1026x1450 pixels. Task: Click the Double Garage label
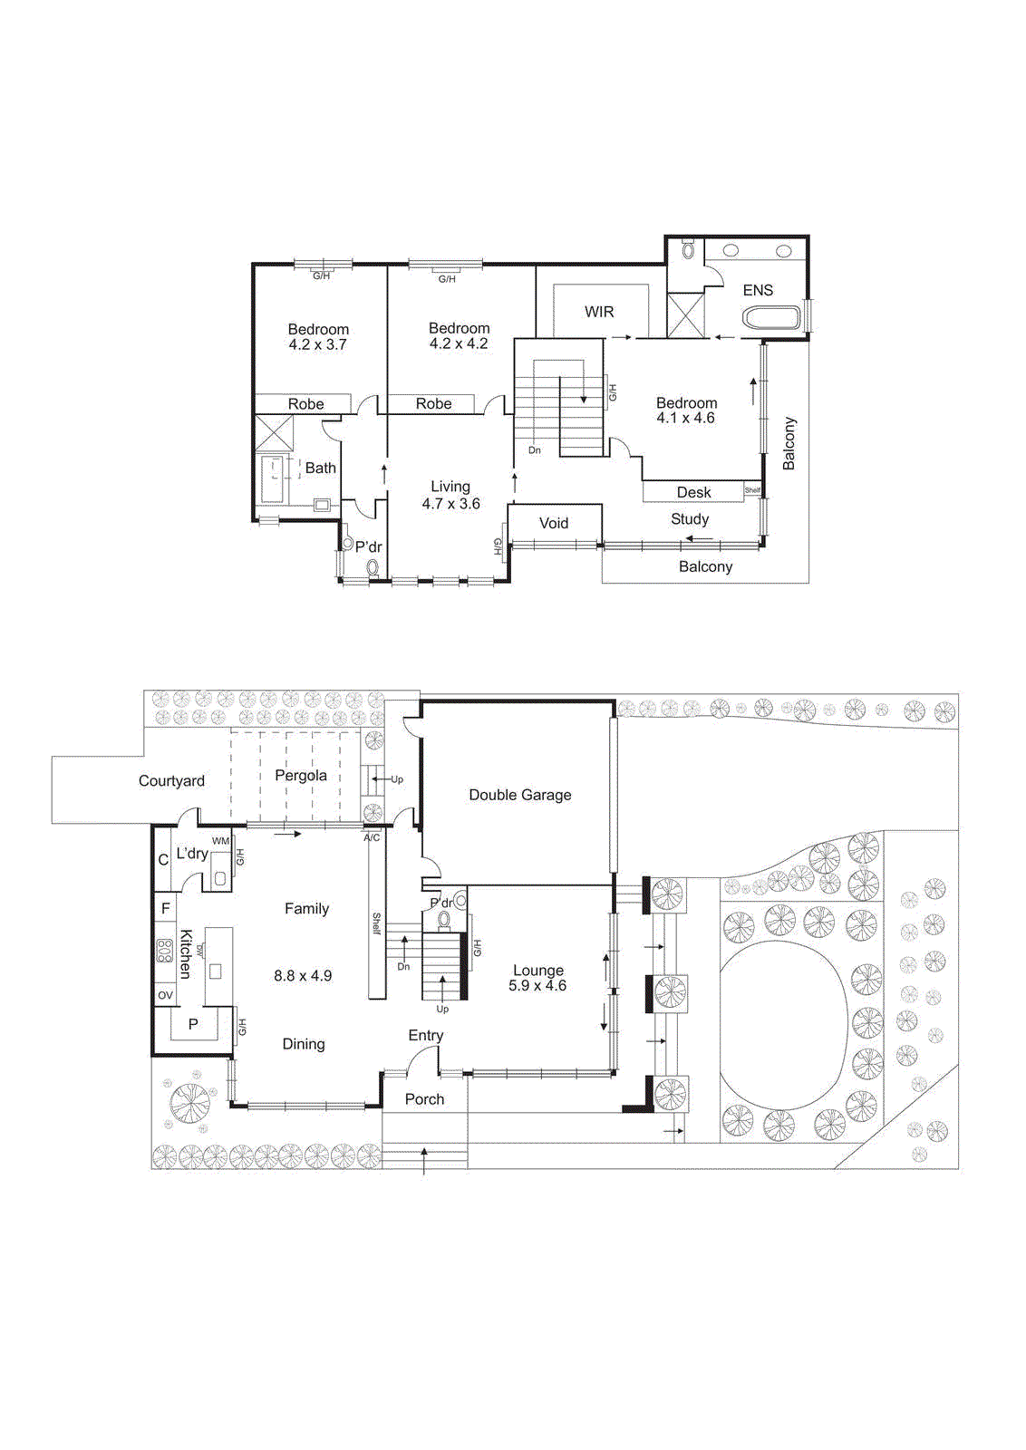coord(520,795)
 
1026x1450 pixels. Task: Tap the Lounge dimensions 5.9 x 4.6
coord(537,986)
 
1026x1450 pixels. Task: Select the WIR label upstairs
coord(599,312)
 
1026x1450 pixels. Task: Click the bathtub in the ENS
coord(771,318)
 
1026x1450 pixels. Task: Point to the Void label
coord(554,523)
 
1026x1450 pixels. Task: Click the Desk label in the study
coord(694,492)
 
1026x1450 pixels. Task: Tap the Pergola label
coord(301,776)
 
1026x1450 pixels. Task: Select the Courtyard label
coord(171,781)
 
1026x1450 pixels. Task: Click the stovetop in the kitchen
coord(164,951)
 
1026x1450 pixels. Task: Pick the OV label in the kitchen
coord(165,995)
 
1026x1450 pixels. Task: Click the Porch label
coord(424,1099)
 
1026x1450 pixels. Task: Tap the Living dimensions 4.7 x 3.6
coord(450,504)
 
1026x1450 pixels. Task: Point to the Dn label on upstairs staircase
coord(535,450)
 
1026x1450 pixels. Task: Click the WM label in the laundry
coord(220,841)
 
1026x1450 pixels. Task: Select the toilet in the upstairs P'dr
coord(373,568)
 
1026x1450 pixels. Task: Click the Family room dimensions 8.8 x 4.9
coord(303,976)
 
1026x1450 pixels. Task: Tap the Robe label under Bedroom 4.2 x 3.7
coord(306,404)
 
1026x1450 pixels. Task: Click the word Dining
coord(304,1044)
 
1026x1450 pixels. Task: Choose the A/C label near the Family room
coord(372,837)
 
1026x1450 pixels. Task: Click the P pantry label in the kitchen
coord(193,1025)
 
